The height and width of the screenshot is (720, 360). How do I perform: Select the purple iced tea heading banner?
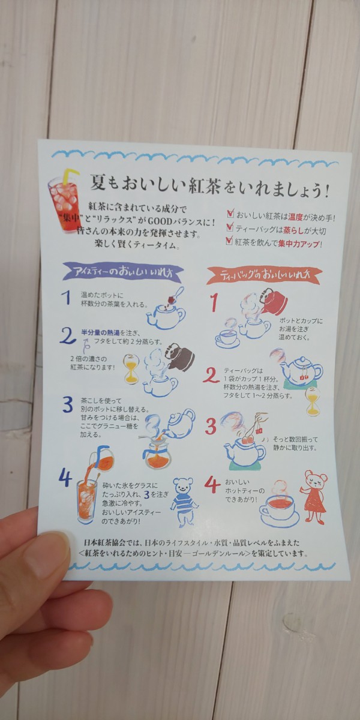pos(123,272)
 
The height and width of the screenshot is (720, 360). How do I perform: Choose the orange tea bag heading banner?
pos(264,275)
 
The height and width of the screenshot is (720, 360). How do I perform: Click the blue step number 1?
pos(67,298)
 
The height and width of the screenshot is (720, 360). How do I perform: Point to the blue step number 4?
pos(65,479)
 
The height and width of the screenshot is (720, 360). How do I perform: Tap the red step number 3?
pos(211,426)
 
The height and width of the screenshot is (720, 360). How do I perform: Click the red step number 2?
pos(211,376)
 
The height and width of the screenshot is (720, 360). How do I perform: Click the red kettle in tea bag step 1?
pos(273,301)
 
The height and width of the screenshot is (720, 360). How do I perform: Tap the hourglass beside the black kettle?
pos(131,368)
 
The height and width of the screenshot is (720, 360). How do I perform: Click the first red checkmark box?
pos(230,214)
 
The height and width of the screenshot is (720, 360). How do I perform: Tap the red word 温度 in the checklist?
pos(296,217)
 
